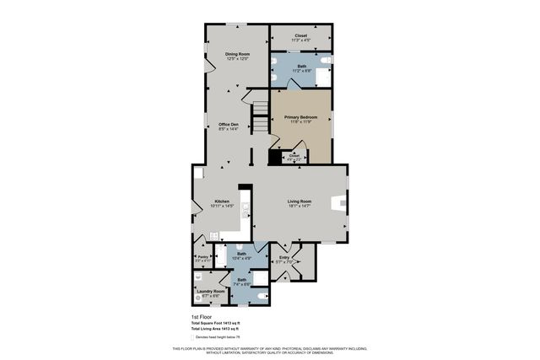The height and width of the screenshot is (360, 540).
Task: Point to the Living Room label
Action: point(300,201)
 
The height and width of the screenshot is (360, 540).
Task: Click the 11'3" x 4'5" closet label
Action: point(301,36)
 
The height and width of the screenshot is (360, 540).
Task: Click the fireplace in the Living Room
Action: point(338,202)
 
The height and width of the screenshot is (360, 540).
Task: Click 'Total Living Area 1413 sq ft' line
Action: point(216,328)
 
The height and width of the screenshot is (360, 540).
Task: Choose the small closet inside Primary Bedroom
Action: point(294,156)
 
